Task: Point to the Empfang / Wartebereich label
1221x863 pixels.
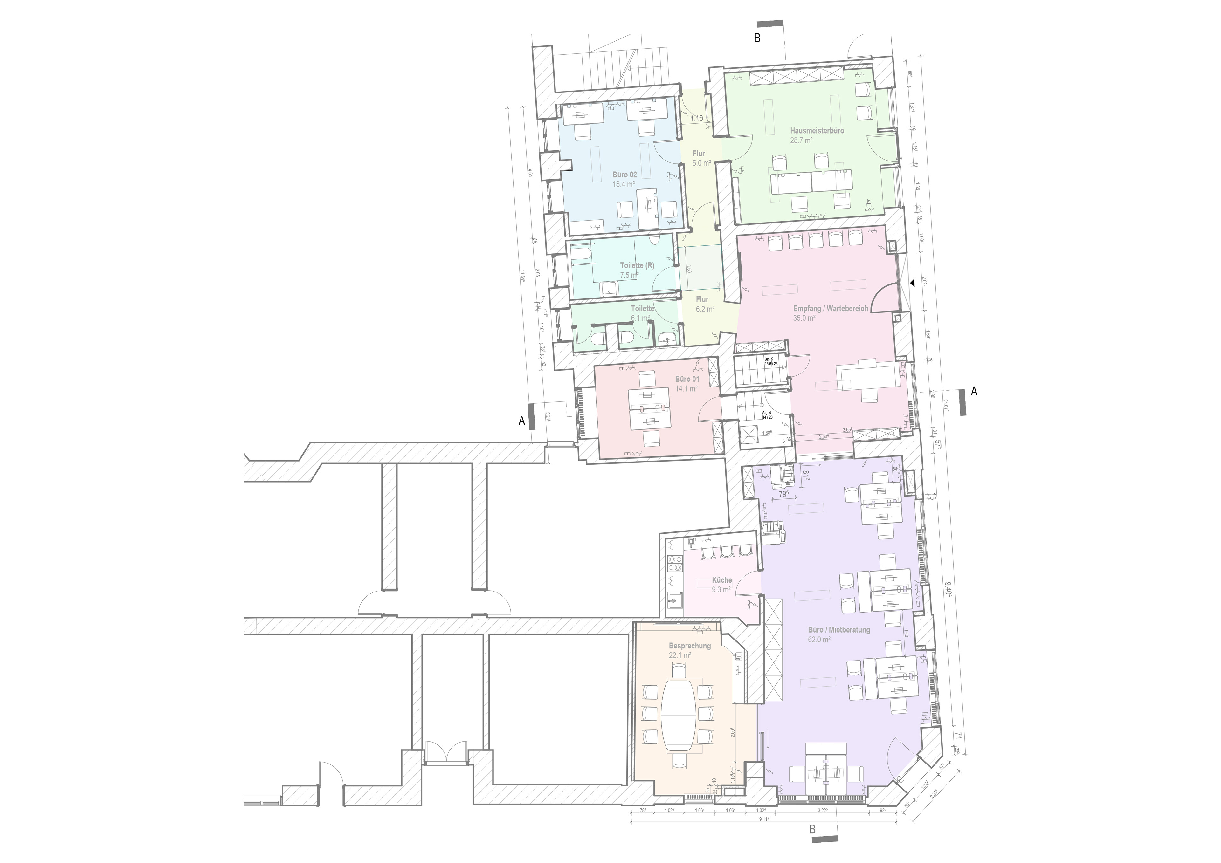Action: (830, 308)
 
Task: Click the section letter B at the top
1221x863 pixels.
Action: (757, 38)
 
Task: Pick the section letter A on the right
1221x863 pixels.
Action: (974, 391)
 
